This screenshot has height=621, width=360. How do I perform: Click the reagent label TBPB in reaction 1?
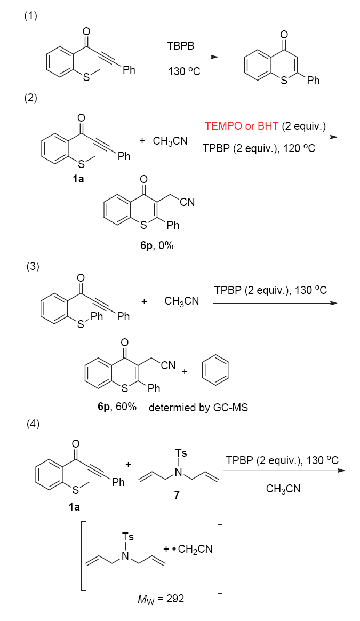click(x=181, y=47)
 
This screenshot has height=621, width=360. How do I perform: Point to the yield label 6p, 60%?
click(x=117, y=407)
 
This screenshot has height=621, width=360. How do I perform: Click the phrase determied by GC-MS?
click(x=198, y=408)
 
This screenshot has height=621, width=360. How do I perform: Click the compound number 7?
click(x=177, y=495)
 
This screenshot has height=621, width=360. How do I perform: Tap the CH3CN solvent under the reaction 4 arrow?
click(x=283, y=488)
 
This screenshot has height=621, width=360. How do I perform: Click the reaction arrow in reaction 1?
click(x=185, y=57)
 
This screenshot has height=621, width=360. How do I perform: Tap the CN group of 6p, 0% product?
click(x=187, y=202)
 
